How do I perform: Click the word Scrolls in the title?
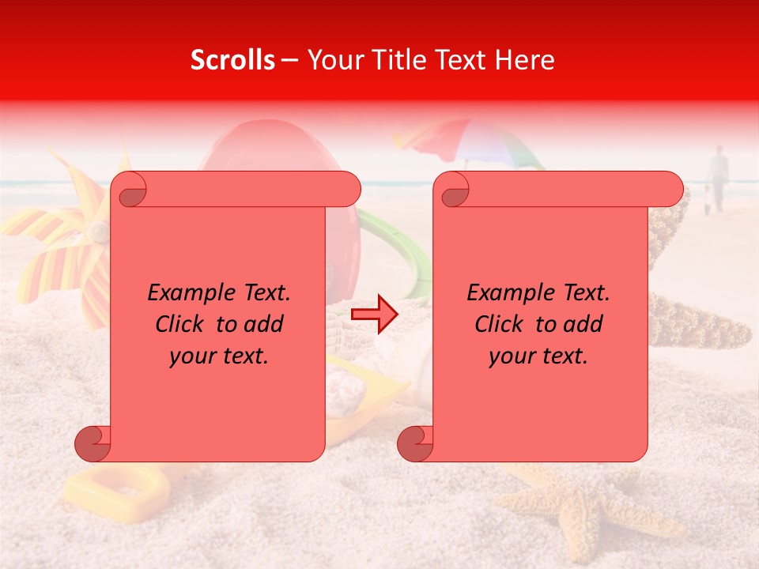click(x=232, y=60)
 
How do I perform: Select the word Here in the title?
click(x=525, y=60)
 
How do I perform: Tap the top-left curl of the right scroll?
click(x=454, y=190)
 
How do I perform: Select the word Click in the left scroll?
click(x=181, y=324)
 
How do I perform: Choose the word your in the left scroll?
click(x=193, y=356)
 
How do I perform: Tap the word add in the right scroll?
click(x=584, y=324)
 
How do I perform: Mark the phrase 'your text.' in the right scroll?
click(x=538, y=356)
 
